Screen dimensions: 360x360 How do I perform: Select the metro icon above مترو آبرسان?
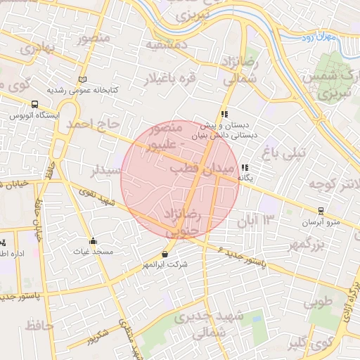[321, 210]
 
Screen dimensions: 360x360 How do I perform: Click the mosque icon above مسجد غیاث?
[93, 240]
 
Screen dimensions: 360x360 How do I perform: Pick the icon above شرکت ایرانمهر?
[165, 254]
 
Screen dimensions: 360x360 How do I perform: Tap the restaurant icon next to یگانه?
[244, 168]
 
